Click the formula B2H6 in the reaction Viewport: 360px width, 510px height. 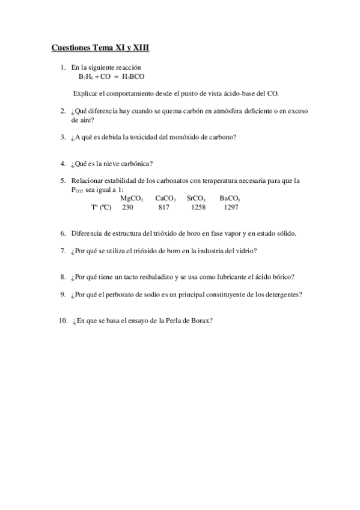[x=87, y=77]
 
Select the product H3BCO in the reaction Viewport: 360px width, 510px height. [x=133, y=77]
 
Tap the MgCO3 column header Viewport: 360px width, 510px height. [x=132, y=198]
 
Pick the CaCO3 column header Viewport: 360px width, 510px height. [x=165, y=198]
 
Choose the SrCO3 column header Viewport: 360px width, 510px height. [x=197, y=198]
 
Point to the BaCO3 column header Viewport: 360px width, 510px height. [x=230, y=198]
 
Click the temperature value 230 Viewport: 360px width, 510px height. [x=127, y=207]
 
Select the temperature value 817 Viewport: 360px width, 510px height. [x=163, y=207]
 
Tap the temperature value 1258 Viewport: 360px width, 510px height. [x=198, y=207]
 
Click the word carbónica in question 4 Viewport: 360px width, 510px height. [x=136, y=163]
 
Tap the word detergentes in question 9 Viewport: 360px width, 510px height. [x=281, y=294]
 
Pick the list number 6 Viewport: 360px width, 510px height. [x=63, y=233]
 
